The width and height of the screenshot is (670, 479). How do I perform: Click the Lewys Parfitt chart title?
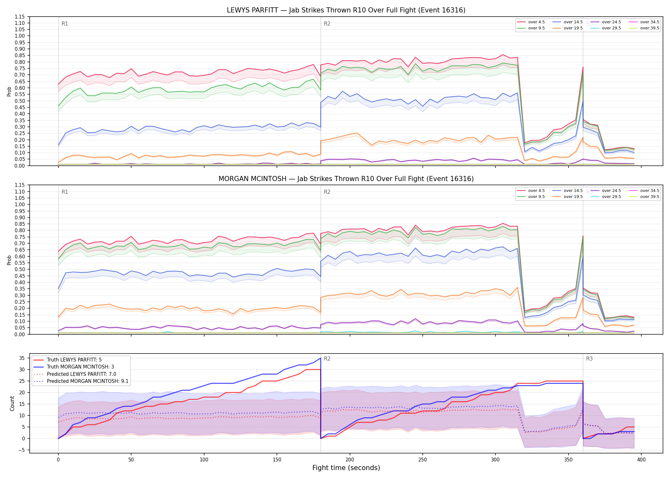[x=346, y=10]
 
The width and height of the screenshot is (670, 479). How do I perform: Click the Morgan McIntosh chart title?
[x=346, y=179]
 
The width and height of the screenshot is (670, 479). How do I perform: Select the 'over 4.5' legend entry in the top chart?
[x=531, y=22]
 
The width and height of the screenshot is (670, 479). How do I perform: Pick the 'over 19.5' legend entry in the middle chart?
[x=568, y=197]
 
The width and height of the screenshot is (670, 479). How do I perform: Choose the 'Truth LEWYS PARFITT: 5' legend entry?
[x=68, y=360]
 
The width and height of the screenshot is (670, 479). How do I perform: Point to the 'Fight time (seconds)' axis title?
[x=346, y=468]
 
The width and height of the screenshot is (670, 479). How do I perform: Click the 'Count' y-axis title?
[x=12, y=403]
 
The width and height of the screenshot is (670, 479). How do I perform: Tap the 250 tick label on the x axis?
[x=422, y=460]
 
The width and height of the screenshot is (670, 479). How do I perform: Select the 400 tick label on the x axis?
[x=641, y=460]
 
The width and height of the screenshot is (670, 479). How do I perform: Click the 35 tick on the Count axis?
[x=22, y=358]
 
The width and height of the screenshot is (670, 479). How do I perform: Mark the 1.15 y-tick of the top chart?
[x=20, y=17]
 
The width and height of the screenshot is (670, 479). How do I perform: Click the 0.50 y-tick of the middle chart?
[x=20, y=269]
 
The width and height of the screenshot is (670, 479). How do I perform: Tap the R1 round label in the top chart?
[x=65, y=24]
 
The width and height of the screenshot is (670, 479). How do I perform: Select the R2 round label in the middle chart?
[x=327, y=192]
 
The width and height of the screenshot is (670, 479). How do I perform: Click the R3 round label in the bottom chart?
[x=589, y=359]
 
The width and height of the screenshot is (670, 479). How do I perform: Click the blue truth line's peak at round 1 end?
[x=321, y=358]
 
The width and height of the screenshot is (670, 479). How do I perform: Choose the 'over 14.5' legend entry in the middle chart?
[x=568, y=191]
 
